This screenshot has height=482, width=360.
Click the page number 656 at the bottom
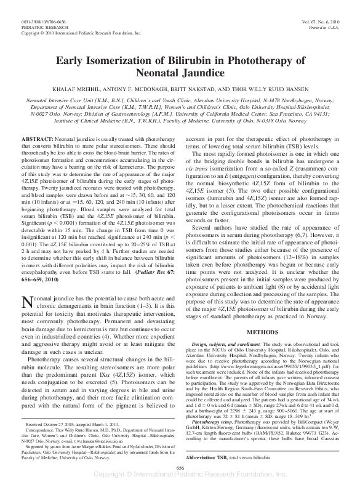(180, 468)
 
